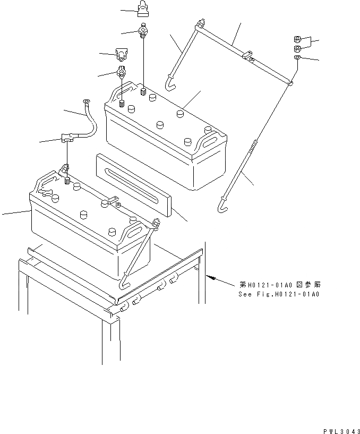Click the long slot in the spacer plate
point(133,185)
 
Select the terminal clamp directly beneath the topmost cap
point(143,30)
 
